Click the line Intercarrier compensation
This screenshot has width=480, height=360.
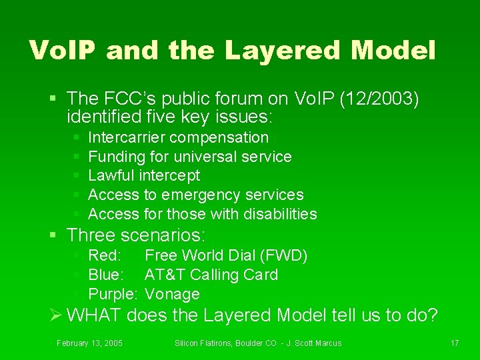178,138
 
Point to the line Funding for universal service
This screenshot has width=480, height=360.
189,157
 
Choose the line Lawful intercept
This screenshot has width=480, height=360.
143,176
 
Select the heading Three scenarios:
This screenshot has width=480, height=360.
137,235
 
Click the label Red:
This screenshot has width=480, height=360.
105,256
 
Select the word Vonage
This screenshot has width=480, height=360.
172,294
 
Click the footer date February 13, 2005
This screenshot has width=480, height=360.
89,343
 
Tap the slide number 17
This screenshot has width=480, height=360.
455,343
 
